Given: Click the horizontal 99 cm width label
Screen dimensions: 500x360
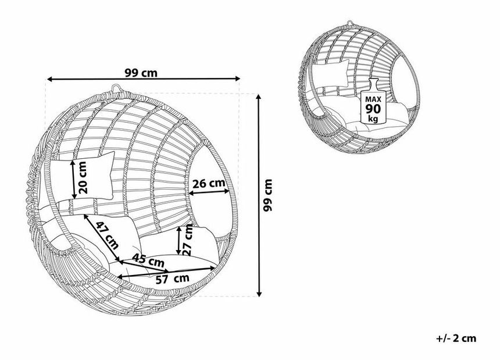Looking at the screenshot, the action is point(141,73).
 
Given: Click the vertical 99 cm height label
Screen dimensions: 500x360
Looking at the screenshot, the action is point(267,195).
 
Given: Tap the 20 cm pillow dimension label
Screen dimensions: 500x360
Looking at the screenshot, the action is point(83,177).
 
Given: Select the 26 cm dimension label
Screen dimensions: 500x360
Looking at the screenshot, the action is point(209,183).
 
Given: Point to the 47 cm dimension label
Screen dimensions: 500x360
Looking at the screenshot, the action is point(108,236).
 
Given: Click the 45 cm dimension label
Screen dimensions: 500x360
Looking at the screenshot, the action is point(148,261).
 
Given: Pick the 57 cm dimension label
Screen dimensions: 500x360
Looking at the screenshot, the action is point(173,279).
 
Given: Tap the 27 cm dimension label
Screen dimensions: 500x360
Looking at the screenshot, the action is point(188,240).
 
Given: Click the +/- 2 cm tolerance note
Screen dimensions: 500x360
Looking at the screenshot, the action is point(456,338).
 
